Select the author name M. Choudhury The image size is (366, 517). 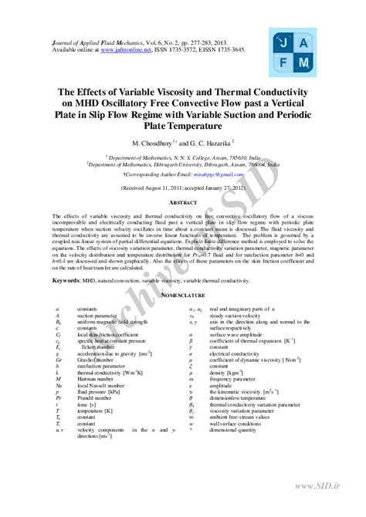(x=156, y=144)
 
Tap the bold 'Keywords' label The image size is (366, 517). (x=66, y=275)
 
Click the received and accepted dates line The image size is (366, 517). (x=183, y=188)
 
